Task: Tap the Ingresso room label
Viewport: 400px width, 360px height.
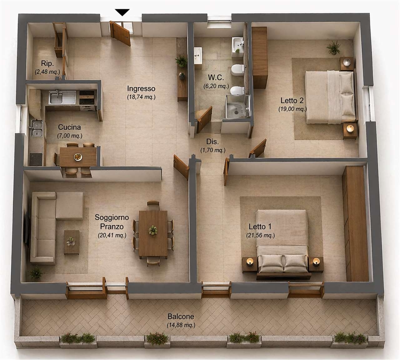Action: (x=141, y=88)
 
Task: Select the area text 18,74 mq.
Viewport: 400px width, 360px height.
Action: (x=141, y=97)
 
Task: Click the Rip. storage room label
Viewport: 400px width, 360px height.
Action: (x=47, y=63)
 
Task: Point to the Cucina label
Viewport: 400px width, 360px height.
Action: (x=69, y=127)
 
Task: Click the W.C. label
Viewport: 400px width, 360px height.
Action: (x=216, y=77)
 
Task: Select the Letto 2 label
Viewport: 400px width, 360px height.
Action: (x=292, y=100)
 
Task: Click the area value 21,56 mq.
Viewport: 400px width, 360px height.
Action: (x=260, y=236)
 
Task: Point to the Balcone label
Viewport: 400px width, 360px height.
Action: (x=181, y=316)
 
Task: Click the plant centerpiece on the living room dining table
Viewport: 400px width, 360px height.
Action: (x=153, y=230)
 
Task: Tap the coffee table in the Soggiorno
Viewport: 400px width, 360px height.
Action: (x=71, y=242)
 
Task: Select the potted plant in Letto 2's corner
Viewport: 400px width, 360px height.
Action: (x=334, y=47)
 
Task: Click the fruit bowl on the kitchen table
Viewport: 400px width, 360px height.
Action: (x=78, y=157)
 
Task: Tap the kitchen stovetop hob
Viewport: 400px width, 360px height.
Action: (x=36, y=159)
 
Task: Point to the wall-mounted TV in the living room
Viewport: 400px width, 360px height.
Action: (x=27, y=229)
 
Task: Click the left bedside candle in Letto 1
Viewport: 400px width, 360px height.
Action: (x=250, y=261)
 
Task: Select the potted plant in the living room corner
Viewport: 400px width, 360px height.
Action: (x=36, y=272)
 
